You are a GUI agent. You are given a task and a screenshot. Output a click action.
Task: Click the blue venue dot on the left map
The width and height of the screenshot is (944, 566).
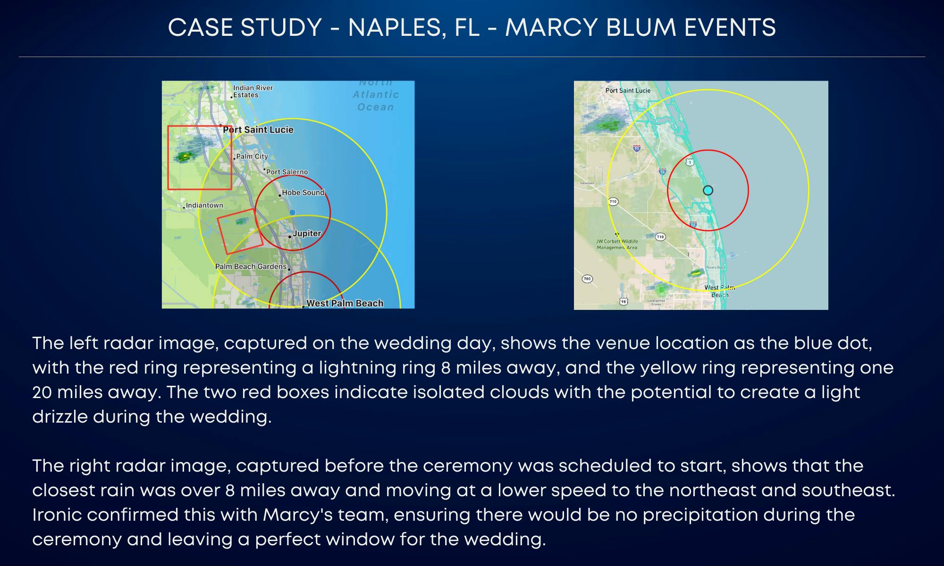[x=293, y=213]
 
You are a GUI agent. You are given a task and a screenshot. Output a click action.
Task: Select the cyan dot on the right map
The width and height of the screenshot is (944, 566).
[x=708, y=191]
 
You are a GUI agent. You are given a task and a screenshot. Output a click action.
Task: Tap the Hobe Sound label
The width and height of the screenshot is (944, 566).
[x=303, y=192]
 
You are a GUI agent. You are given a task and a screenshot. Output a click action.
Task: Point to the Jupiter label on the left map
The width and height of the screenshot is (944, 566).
[x=307, y=233]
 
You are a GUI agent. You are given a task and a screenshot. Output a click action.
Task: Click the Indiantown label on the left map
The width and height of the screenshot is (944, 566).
[x=204, y=206]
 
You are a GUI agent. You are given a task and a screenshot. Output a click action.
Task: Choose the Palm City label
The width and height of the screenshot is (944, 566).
[x=252, y=157]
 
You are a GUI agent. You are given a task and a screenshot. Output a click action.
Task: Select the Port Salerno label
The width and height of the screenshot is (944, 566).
[x=287, y=172]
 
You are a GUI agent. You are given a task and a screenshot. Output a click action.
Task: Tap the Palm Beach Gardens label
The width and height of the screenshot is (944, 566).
[x=251, y=266]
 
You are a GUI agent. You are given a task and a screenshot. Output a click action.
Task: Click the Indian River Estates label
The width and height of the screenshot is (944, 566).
[x=253, y=92]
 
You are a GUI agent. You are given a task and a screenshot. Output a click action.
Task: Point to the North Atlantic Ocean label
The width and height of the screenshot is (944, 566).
[x=376, y=95]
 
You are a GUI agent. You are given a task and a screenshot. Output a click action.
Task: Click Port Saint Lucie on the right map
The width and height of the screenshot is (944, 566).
[x=628, y=91]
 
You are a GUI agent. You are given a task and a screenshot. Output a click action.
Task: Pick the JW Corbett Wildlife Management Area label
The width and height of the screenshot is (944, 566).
[x=617, y=244]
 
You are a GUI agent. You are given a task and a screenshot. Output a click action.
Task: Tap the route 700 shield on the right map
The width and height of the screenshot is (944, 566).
[x=587, y=279]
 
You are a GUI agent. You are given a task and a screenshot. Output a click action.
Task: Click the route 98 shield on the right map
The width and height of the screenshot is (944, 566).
[x=624, y=301]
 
